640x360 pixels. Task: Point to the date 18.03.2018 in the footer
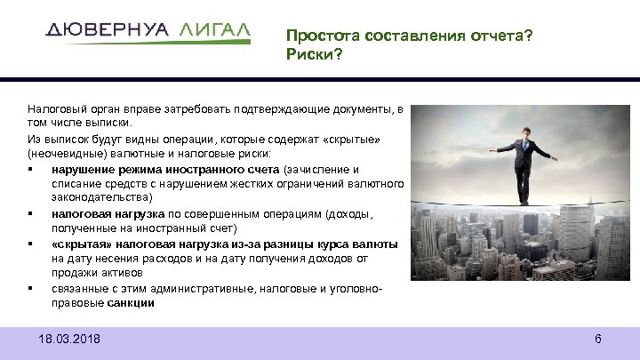tap(70, 340)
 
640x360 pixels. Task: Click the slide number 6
tap(598, 340)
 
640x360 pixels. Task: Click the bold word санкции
tap(132, 302)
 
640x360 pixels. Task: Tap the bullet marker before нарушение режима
tap(31, 169)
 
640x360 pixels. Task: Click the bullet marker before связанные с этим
tap(31, 288)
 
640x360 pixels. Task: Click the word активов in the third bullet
tap(116, 273)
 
